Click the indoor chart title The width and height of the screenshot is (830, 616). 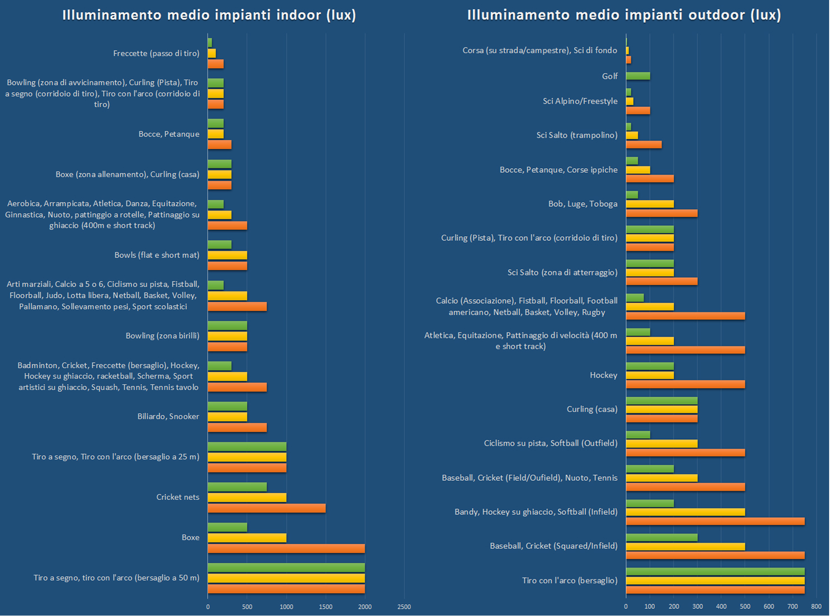209,15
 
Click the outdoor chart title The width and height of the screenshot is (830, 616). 624,15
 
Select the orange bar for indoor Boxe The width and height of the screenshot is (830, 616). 286,548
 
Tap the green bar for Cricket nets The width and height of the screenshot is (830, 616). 237,487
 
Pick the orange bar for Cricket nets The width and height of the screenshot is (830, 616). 266,508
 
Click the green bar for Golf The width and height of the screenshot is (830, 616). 638,76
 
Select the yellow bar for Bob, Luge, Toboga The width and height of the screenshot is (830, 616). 650,204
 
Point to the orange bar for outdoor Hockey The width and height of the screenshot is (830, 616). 685,385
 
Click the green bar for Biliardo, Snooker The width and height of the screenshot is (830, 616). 227,406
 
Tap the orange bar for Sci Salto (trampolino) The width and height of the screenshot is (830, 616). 644,144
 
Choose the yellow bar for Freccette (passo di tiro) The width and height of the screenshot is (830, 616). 212,54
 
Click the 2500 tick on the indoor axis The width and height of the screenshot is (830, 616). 404,607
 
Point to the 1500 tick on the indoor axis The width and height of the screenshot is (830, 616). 325,607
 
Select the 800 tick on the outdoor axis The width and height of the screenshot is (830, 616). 816,606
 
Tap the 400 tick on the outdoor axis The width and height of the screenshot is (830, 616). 721,606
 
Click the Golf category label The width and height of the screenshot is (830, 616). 610,76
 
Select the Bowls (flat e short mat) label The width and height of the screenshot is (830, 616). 157,255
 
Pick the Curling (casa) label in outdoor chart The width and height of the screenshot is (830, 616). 592,409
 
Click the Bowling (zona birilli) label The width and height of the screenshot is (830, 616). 162,336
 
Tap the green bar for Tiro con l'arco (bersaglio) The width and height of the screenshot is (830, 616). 715,572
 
